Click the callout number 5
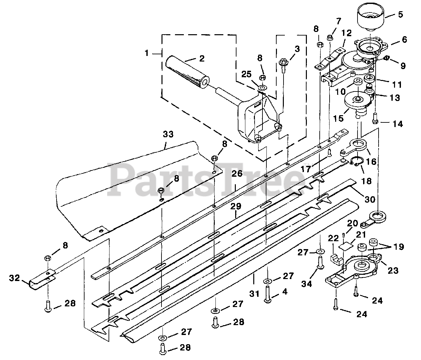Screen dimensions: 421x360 (400, 15)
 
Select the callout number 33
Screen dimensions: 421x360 (168, 134)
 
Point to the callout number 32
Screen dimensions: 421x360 (14, 277)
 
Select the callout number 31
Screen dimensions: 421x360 (254, 294)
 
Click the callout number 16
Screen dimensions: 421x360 (371, 162)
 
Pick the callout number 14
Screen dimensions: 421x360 (397, 124)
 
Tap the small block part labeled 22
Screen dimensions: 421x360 (336, 260)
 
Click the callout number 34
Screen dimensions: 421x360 (307, 283)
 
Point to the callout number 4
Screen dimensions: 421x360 (285, 292)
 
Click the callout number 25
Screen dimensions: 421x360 (246, 74)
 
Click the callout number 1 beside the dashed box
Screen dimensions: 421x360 (147, 53)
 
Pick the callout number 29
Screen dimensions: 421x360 (235, 206)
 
